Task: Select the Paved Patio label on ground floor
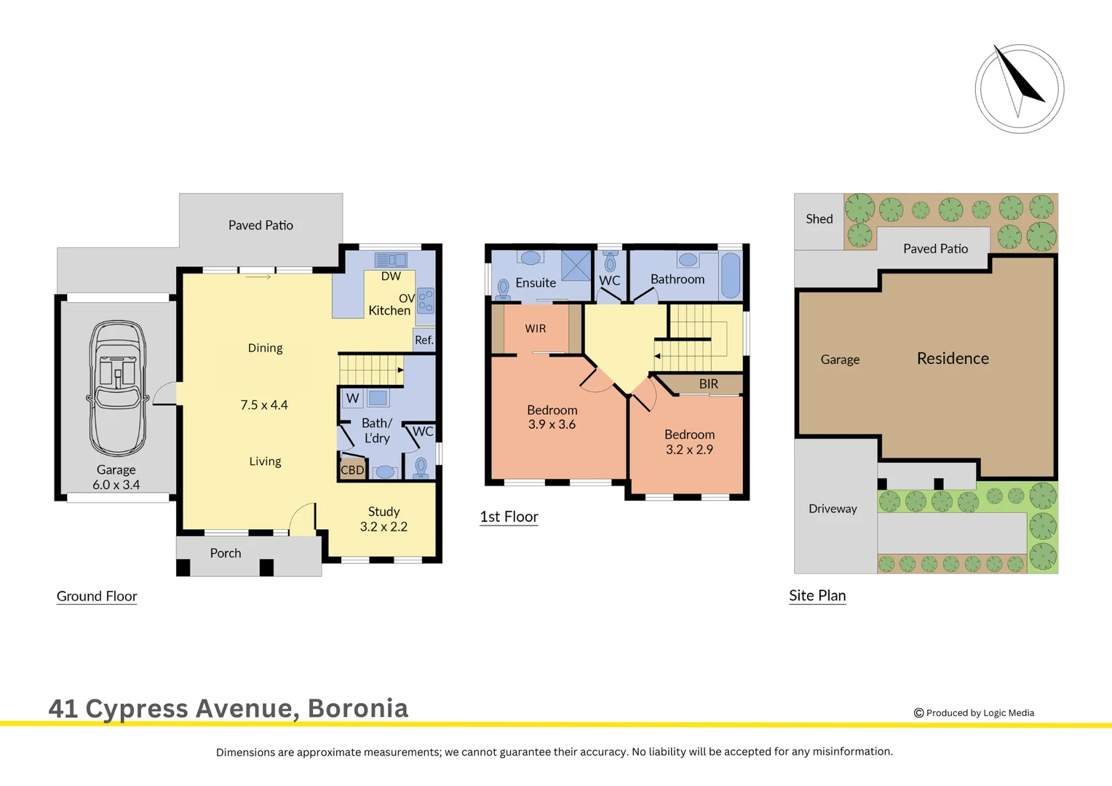261,226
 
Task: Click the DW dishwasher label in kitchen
391,277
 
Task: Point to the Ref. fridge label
424,340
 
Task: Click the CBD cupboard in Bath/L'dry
352,469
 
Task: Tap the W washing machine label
352,398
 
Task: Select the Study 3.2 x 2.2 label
384,519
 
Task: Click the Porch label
226,553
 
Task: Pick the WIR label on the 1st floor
536,329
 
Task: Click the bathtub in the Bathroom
731,275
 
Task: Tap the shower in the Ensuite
576,266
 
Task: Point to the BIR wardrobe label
708,384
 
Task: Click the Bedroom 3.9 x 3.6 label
552,417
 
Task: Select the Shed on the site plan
819,219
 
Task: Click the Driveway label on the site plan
833,509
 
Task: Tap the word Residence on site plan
953,358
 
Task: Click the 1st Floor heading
509,517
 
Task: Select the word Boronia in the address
358,708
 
